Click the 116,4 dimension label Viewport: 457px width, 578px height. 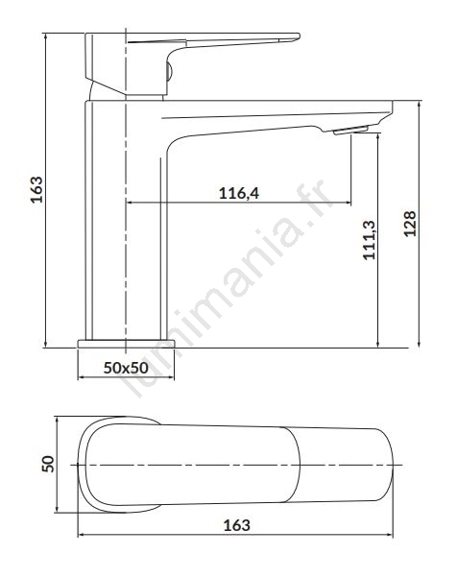pyautogui.click(x=239, y=193)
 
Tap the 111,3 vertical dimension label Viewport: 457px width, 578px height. pyautogui.click(x=370, y=240)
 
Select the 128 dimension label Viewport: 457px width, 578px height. pyautogui.click(x=410, y=224)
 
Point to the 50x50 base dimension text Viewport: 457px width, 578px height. pyautogui.click(x=126, y=368)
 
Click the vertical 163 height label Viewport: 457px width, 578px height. pyautogui.click(x=36, y=189)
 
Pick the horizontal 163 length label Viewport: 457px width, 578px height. pyautogui.click(x=237, y=525)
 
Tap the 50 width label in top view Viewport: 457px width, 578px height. pyautogui.click(x=48, y=464)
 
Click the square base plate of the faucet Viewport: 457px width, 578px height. pyautogui.click(x=126, y=344)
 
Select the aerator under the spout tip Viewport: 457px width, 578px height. pyautogui.click(x=350, y=130)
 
